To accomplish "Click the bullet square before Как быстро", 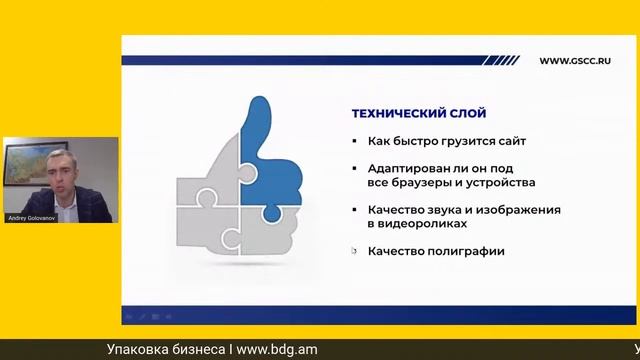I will (x=356, y=141).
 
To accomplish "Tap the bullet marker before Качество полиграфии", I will (x=356, y=251).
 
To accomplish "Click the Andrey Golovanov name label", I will (x=31, y=216).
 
